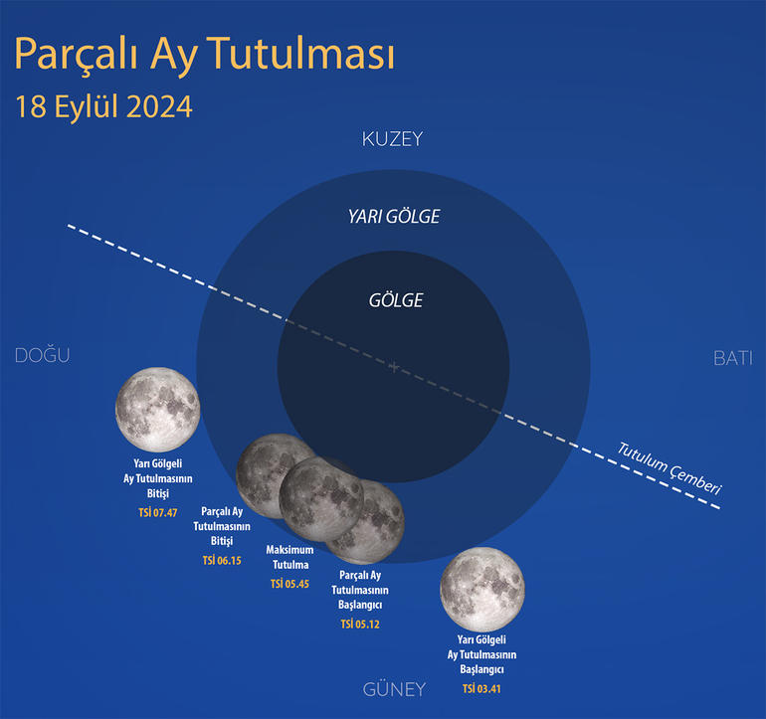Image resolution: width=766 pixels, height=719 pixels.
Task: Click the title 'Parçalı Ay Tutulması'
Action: click(204, 55)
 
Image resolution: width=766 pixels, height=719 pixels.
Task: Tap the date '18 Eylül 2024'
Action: click(103, 106)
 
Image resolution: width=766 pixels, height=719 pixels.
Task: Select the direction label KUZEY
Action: click(392, 139)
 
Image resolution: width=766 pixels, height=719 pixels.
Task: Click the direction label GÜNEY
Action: click(394, 689)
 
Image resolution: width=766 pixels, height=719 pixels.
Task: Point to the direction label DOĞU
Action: click(43, 355)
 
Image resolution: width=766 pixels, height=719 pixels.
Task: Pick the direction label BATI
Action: click(733, 359)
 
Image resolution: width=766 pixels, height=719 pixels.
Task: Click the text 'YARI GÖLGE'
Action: click(394, 217)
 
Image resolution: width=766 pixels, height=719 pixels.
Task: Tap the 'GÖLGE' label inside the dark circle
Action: click(396, 300)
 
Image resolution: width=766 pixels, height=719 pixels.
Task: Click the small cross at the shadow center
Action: click(394, 366)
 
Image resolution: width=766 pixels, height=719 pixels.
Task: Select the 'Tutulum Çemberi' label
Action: click(670, 468)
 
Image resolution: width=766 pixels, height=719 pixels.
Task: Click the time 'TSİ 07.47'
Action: click(158, 512)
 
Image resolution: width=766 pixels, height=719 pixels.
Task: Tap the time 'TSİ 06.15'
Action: click(222, 560)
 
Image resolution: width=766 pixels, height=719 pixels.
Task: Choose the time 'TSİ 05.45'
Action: click(289, 584)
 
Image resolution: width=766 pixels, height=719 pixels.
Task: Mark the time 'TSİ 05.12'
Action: click(360, 624)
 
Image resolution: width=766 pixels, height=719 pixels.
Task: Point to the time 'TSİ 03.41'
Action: click(481, 689)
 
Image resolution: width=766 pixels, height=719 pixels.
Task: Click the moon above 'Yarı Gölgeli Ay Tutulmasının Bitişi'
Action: click(158, 410)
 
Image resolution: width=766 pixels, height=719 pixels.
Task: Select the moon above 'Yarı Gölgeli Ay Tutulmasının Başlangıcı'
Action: click(482, 589)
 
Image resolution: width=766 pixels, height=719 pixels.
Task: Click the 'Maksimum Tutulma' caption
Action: click(290, 557)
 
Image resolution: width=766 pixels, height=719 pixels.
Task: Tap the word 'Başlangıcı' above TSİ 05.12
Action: click(360, 605)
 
